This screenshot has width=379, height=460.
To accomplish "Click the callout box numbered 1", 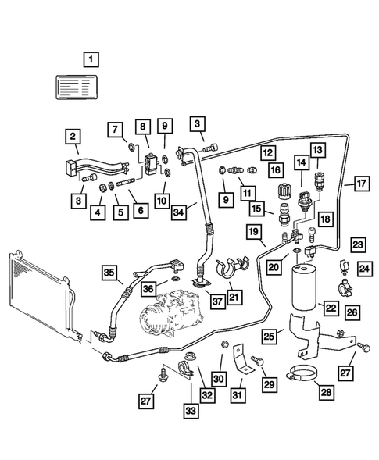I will click(x=92, y=59).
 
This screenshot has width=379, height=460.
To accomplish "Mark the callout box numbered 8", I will click(x=142, y=127).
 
